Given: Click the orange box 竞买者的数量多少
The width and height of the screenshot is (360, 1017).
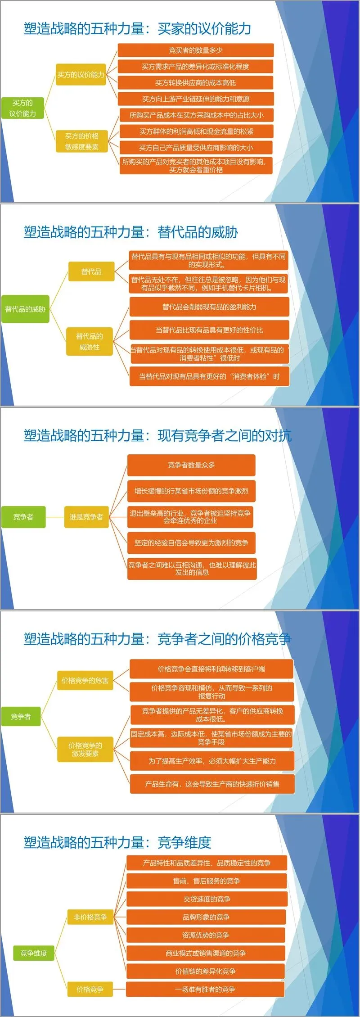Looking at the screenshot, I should click(x=196, y=50).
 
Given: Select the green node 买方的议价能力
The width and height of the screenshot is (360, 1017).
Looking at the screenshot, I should click(x=22, y=108).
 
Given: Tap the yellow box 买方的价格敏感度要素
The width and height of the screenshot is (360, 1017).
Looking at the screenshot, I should click(x=81, y=141).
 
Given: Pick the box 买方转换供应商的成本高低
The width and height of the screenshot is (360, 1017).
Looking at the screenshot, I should click(x=196, y=83).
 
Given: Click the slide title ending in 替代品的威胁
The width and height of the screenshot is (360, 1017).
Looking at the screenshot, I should click(x=131, y=232).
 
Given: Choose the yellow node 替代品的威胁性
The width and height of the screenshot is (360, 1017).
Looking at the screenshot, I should click(x=89, y=342).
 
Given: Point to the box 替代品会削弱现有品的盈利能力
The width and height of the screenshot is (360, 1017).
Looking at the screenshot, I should click(x=209, y=307).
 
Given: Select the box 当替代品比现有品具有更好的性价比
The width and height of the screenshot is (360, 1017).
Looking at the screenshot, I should click(x=209, y=330).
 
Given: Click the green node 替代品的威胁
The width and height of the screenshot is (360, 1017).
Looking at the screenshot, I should click(x=25, y=309).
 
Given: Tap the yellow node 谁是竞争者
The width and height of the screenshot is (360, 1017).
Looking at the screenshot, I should click(x=86, y=517).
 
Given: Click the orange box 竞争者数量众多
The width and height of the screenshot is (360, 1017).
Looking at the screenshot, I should click(x=191, y=465).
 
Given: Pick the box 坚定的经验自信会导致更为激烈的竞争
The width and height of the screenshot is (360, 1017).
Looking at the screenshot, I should click(x=191, y=543).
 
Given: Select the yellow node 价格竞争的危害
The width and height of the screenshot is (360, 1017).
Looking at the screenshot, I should click(x=85, y=681).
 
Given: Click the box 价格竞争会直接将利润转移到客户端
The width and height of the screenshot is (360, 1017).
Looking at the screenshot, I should click(x=211, y=669).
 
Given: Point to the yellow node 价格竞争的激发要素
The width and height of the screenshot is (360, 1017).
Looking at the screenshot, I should click(x=85, y=749).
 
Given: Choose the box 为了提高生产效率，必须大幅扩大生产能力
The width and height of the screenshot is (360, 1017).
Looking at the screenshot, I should click(x=212, y=761).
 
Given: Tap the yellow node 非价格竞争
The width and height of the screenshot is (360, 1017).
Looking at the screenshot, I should click(x=90, y=917).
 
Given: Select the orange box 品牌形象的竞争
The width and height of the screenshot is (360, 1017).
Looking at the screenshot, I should click(x=206, y=917).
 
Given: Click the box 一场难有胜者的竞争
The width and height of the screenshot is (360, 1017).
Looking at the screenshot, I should click(x=205, y=989).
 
